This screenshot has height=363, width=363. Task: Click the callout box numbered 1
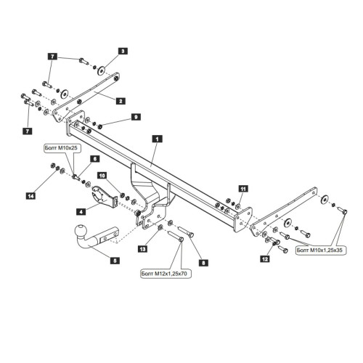coord(158,139)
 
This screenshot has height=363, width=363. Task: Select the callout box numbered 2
coord(121,101)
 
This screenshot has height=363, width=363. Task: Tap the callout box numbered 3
coord(123,51)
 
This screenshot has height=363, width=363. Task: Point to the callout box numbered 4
coord(81,212)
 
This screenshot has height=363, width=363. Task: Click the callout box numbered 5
coord(115,261)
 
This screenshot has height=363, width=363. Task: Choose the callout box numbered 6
coord(95,159)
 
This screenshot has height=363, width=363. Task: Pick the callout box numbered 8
coord(203,263)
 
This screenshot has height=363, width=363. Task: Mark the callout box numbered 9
coord(136,117)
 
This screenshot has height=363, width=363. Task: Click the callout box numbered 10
coord(102,175)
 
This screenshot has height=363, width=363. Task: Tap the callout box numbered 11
coord(243,188)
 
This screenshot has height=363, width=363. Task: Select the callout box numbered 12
coord(265,259)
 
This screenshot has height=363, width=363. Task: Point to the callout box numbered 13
coord(143,248)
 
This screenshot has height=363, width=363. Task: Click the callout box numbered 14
coord(30,195)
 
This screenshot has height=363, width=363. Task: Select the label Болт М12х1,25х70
coord(166,274)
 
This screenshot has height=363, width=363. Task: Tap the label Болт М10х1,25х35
coord(321,250)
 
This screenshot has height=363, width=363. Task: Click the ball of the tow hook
coord(81,232)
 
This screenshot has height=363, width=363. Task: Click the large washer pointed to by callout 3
coord(101,70)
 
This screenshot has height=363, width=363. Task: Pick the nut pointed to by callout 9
coord(99,126)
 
